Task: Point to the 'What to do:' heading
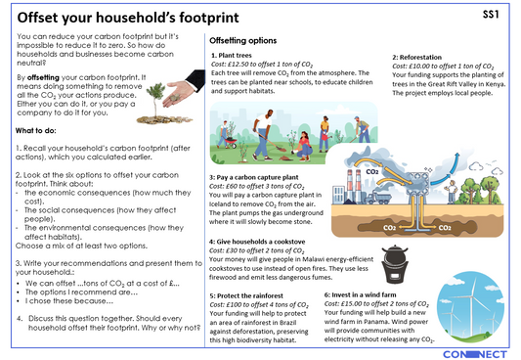(x=40, y=130)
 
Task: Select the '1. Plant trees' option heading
(x=239, y=57)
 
